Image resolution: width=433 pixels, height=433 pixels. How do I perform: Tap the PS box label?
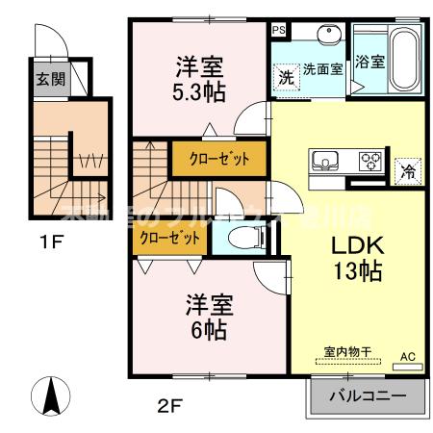pos(279,30)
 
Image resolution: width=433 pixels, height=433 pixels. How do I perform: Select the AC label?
pos(407,356)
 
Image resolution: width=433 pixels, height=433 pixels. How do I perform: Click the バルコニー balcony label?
pos(365,396)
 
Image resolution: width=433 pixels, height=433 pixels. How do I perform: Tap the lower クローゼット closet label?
pos(169,237)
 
